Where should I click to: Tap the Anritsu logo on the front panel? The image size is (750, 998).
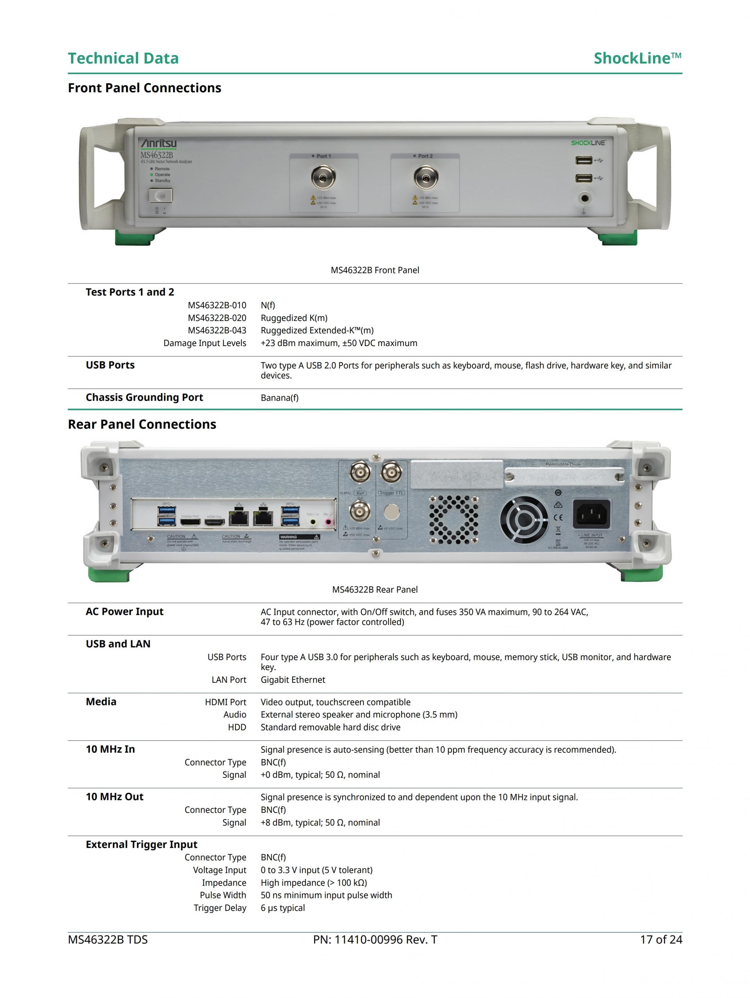tap(158, 143)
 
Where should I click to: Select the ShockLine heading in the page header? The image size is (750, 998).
tap(637, 58)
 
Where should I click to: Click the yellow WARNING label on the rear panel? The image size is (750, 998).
tap(299, 537)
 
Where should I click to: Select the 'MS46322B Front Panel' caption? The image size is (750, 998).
tap(375, 270)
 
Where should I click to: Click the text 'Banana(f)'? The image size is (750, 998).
tap(279, 398)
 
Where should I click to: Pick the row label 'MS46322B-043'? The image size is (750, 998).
tap(217, 330)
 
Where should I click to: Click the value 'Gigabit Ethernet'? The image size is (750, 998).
tap(293, 680)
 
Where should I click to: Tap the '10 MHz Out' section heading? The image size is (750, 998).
tap(114, 797)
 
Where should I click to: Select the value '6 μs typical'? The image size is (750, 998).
tap(282, 908)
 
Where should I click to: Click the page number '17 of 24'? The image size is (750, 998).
tap(661, 940)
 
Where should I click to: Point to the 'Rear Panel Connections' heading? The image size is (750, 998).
tap(142, 424)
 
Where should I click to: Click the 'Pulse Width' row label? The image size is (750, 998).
tap(223, 895)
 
